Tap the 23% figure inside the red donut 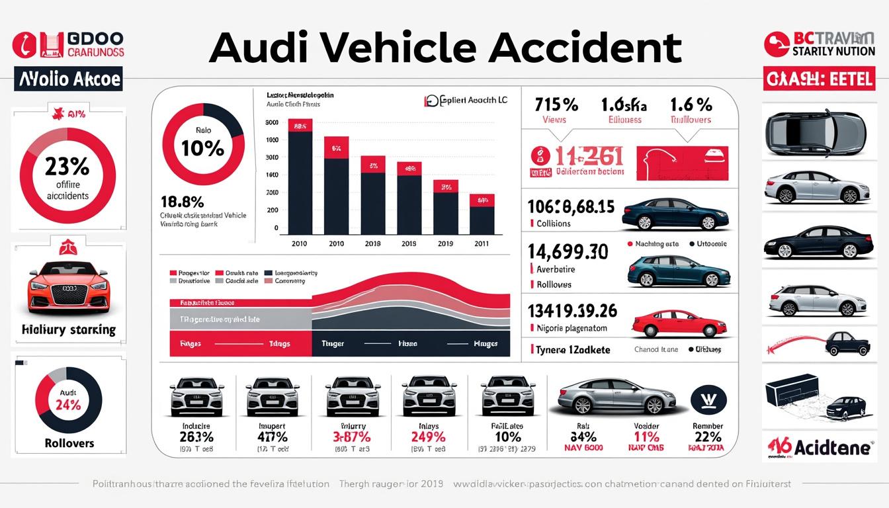pyautogui.click(x=67, y=165)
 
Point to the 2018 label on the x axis pyautogui.click(x=372, y=243)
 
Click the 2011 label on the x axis pyautogui.click(x=481, y=243)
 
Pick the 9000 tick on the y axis pyautogui.click(x=271, y=122)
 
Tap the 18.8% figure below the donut pyautogui.click(x=182, y=202)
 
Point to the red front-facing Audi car pyautogui.click(x=68, y=288)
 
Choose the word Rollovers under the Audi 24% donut pyautogui.click(x=69, y=443)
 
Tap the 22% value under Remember pyautogui.click(x=707, y=437)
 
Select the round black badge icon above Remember pyautogui.click(x=708, y=400)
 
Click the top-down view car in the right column pyautogui.click(x=815, y=130)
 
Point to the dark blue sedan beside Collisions pyautogui.click(x=675, y=216)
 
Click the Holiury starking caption pyautogui.click(x=68, y=329)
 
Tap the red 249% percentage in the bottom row pyautogui.click(x=428, y=437)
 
